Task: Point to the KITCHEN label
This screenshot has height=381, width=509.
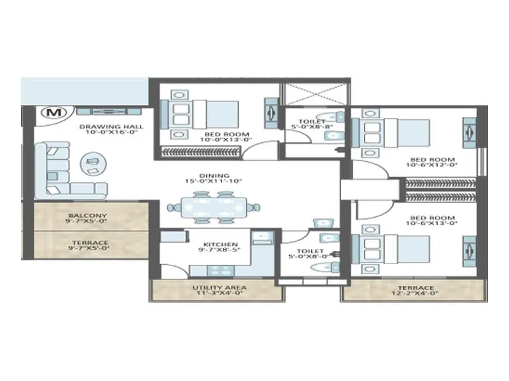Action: coord(220,244)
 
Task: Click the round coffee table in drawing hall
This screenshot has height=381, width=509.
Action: coord(92,164)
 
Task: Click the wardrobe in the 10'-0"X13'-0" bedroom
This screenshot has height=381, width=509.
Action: coord(201,150)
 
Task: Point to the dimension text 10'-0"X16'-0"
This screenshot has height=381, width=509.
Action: coord(111,133)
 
